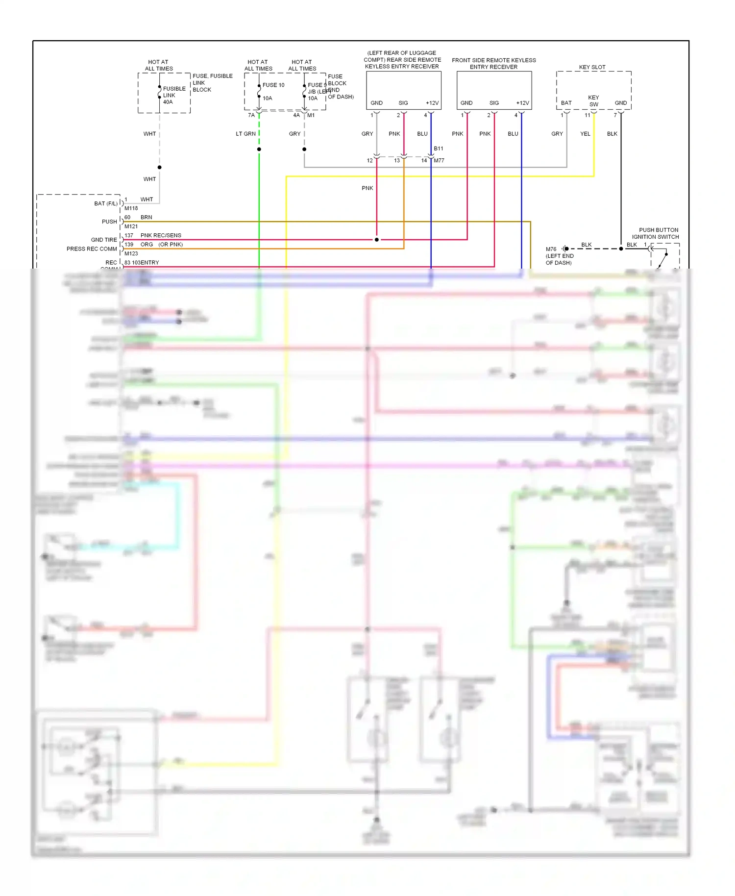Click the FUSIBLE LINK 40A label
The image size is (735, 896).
click(173, 95)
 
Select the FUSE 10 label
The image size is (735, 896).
click(273, 85)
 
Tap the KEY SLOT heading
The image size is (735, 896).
click(592, 67)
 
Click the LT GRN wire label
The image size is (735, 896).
click(245, 134)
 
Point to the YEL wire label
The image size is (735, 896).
click(585, 134)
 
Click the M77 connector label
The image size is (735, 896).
click(439, 160)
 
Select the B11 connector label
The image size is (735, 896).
click(439, 149)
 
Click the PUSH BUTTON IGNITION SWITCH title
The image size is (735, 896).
click(657, 233)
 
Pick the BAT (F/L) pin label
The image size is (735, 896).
click(106, 203)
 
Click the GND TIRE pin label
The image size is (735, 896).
click(104, 240)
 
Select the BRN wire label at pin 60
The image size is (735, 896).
click(146, 217)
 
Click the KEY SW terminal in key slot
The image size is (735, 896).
click(593, 101)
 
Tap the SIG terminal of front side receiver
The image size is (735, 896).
click(494, 103)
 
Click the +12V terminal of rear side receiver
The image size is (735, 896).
click(432, 103)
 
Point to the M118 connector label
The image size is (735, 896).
click(131, 208)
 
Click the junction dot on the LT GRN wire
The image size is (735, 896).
click(259, 149)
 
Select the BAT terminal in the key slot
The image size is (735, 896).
click(566, 103)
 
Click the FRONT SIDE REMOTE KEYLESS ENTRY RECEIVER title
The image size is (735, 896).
click(493, 64)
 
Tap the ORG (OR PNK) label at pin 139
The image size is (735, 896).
click(161, 244)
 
